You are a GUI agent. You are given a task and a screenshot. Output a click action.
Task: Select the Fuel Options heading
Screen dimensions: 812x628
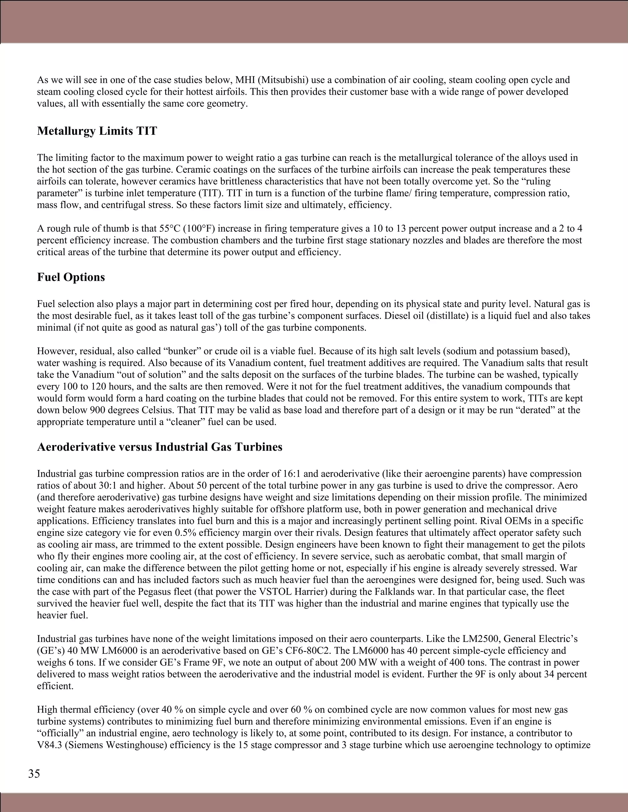(x=71, y=277)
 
